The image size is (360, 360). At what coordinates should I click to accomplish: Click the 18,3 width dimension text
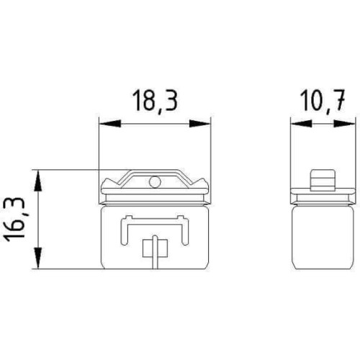tap(155, 101)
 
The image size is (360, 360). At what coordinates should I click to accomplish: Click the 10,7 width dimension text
tap(323, 101)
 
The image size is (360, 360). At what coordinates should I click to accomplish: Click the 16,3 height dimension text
tap(15, 219)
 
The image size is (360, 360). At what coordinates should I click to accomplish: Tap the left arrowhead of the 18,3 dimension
tap(110, 124)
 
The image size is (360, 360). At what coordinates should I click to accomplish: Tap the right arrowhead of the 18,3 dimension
tap(199, 124)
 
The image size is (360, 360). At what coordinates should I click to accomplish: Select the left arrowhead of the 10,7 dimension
tap(301, 124)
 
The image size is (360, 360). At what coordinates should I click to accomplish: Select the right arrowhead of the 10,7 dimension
tap(344, 124)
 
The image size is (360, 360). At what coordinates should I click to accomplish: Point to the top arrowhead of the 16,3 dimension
tap(38, 181)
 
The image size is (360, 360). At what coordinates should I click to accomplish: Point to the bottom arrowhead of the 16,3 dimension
tap(38, 258)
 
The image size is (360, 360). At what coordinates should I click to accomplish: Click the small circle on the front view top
tap(155, 181)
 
